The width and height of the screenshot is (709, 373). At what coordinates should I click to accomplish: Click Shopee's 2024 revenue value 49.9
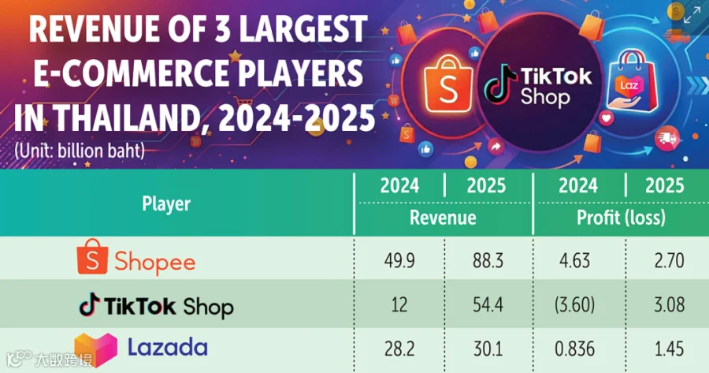click(x=399, y=261)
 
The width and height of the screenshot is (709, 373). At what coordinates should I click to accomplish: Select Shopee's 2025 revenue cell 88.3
click(x=488, y=261)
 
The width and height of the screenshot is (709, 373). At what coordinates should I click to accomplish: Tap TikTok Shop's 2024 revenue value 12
click(x=399, y=304)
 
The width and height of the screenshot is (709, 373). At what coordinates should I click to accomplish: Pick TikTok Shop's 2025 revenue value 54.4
click(x=488, y=304)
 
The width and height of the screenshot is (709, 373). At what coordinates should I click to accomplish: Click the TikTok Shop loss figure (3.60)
click(x=575, y=304)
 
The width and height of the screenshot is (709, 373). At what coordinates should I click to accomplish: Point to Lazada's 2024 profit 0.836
click(x=575, y=349)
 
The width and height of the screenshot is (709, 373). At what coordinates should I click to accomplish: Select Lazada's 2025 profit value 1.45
click(x=669, y=349)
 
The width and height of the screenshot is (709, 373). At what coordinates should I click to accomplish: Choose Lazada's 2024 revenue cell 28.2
click(x=399, y=349)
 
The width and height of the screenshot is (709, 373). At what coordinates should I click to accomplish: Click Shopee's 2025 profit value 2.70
click(x=669, y=261)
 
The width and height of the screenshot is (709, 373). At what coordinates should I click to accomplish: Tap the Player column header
click(x=166, y=203)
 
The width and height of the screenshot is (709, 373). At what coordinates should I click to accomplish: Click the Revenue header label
click(x=443, y=218)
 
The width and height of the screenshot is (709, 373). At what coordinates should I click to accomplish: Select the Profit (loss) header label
click(x=621, y=218)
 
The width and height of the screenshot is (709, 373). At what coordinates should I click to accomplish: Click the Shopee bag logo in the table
click(x=92, y=256)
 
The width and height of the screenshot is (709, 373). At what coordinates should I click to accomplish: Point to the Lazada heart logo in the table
click(x=96, y=349)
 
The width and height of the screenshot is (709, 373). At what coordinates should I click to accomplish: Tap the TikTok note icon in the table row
click(x=90, y=304)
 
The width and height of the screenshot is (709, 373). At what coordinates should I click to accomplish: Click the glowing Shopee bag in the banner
click(x=448, y=84)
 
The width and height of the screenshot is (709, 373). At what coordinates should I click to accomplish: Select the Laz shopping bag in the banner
click(x=632, y=81)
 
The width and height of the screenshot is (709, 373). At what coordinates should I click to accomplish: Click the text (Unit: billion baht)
click(x=79, y=151)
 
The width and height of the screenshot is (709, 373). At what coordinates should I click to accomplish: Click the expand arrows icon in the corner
click(x=692, y=15)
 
